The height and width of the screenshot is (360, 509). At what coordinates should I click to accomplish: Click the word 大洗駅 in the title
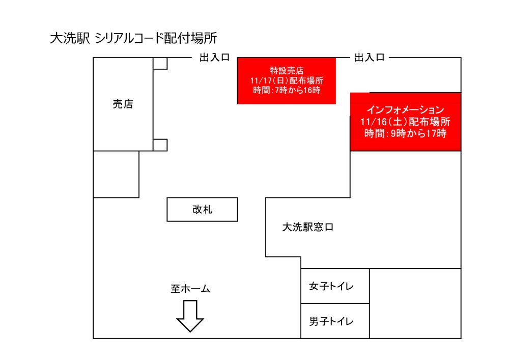[x=70, y=39]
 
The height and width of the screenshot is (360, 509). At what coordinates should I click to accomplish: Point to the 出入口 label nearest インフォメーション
[x=369, y=58]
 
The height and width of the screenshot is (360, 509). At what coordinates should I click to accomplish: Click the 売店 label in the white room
[x=123, y=104]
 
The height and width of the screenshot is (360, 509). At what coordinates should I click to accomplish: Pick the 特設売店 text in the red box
[x=287, y=71]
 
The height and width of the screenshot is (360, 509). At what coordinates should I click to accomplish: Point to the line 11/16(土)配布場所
[x=405, y=122]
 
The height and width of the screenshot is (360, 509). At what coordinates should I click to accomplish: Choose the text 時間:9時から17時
[x=405, y=134]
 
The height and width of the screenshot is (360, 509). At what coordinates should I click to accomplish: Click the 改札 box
[x=202, y=209]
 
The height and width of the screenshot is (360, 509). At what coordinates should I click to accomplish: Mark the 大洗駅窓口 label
[x=307, y=228]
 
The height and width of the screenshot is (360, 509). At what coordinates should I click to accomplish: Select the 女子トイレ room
[x=334, y=286]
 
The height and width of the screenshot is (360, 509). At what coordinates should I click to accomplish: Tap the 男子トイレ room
[x=334, y=321]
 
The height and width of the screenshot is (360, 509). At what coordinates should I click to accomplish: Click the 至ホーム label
[x=190, y=289]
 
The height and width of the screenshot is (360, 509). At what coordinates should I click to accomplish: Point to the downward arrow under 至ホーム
[x=190, y=316]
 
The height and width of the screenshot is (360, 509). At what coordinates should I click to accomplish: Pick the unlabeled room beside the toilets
[x=415, y=303]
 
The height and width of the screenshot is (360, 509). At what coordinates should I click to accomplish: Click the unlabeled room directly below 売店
[x=116, y=174]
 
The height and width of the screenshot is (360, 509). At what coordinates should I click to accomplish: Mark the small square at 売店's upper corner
[x=160, y=64]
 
